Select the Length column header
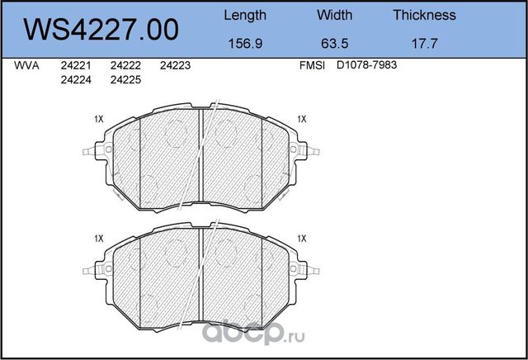pos(245,15)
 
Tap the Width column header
pos(334,15)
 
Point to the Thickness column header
pos(424,15)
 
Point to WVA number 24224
pos(76,80)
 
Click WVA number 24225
pos(125,80)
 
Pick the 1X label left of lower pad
pos(99,238)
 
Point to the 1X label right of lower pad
pos(302,238)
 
